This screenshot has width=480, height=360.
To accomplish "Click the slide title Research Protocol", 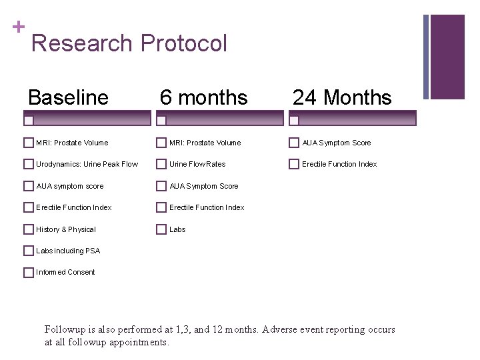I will pos(129,44).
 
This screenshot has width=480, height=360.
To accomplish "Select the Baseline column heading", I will pos(68,98).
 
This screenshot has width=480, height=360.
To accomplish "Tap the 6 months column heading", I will pos(203,98).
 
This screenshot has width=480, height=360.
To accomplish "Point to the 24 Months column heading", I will pos(342,98).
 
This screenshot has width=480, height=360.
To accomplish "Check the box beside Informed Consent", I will pos(28,272).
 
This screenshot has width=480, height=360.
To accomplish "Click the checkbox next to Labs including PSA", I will pos(28,251).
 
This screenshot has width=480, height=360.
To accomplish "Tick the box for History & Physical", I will pos(28,229).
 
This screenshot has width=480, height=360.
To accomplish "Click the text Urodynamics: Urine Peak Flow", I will pos(87,164).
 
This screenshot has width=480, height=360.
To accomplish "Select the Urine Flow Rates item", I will pos(197,164).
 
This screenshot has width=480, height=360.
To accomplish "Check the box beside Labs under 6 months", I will pos(161,229).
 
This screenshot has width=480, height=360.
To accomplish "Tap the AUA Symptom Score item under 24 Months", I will pos(337,143).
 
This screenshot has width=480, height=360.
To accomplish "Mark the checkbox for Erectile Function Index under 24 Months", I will pos(294,164).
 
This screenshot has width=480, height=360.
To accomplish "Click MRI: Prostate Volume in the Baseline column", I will pos(72,143).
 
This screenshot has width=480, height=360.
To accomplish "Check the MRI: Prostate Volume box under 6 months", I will pos(161,143).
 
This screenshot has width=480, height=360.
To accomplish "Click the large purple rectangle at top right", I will pos(447,57).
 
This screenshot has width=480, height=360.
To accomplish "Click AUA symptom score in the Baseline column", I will pos(69,186).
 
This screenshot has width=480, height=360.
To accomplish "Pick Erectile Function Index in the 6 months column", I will pos(207,207).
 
